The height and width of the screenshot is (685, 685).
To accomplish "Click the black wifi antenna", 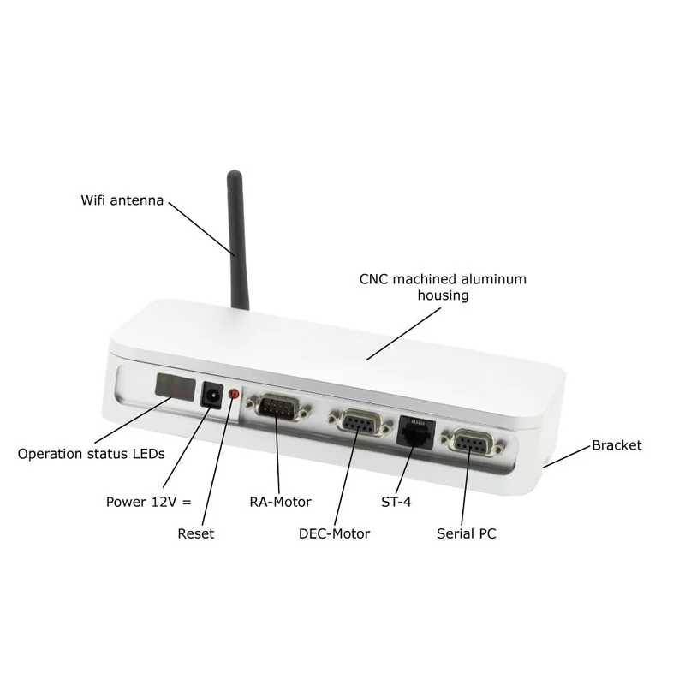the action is tap(237, 241).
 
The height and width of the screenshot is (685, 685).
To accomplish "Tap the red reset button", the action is tap(234, 394).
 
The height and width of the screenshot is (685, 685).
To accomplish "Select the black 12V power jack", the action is tap(211, 396).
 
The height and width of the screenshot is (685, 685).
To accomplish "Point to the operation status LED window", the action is tap(175, 387).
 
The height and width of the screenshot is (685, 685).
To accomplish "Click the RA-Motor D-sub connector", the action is tap(278, 408).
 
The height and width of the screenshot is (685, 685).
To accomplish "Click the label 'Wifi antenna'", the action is tap(122, 200).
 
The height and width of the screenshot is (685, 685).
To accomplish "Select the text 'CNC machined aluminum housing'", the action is tap(443, 287).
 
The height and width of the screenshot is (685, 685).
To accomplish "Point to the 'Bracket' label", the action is tap(616, 445).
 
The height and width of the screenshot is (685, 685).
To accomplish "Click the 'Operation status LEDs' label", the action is tap(92, 454).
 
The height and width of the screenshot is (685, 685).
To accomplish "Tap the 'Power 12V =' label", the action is tap(148, 502).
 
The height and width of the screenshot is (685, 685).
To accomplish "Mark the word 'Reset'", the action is tap(196, 533).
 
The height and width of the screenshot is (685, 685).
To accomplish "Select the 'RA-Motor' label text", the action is tap(280, 502).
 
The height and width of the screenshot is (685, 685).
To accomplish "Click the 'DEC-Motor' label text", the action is tap(334, 533).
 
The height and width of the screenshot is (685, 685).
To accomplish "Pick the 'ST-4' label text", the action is tap(396, 502).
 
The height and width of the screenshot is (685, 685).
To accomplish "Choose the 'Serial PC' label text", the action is tap(466, 533).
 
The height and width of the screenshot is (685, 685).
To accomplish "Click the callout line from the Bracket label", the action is tap(567, 456).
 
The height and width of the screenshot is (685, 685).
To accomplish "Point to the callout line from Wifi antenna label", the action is tap(202, 229).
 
